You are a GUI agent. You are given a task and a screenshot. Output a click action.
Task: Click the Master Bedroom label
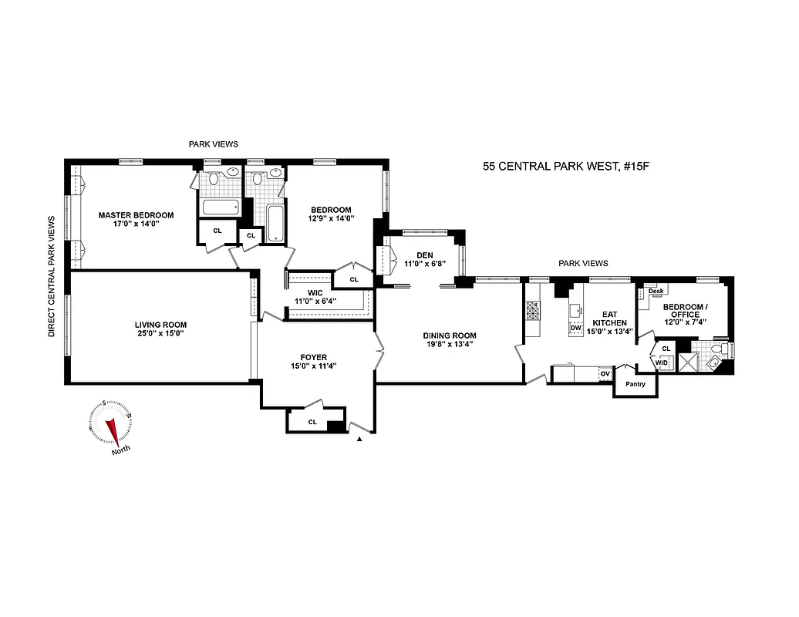click(x=136, y=215)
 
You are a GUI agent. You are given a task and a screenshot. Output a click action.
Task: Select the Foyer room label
click(x=314, y=357)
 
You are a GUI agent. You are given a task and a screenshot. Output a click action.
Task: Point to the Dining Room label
click(x=449, y=335)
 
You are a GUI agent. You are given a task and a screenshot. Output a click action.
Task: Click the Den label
click(x=424, y=255)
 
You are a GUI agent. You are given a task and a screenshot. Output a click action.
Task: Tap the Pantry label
click(x=635, y=384)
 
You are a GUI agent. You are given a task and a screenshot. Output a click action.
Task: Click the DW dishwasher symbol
click(x=575, y=328)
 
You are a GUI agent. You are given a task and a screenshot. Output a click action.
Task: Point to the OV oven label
click(x=605, y=374)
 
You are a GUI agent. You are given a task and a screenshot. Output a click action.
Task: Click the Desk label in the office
click(x=656, y=291)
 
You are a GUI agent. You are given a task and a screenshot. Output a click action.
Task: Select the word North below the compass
click(x=120, y=451)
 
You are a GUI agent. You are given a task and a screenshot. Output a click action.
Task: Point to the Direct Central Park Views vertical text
click(x=52, y=275)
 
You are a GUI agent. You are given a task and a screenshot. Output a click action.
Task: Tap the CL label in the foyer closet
click(x=312, y=422)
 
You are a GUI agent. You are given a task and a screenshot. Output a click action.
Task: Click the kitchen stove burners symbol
click(x=531, y=310)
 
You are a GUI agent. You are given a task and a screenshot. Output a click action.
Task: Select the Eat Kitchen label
click(x=609, y=322)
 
